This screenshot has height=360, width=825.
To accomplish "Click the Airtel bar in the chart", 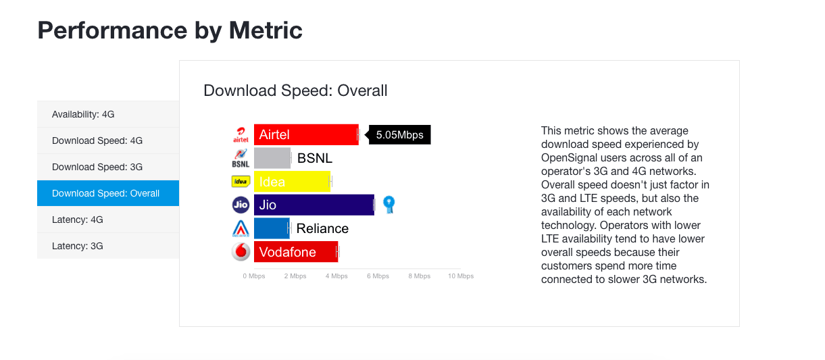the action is (306, 134).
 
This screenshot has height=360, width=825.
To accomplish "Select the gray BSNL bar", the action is (272, 158).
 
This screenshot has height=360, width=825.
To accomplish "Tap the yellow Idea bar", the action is (292, 182).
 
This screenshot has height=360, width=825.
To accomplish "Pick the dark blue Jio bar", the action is (314, 205).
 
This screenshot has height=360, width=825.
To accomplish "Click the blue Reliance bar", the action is (272, 228).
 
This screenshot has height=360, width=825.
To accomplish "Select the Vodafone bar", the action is (296, 252).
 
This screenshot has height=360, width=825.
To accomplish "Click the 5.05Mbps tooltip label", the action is (399, 134).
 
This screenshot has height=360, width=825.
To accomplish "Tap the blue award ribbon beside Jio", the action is (389, 204).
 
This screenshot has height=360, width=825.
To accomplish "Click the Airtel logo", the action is (241, 134).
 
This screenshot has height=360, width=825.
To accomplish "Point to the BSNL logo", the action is (241, 158).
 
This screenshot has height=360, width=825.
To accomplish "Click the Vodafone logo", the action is (241, 252).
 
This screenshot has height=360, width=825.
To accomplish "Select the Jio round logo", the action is (241, 205).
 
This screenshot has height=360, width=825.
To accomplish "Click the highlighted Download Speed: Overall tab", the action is (108, 193).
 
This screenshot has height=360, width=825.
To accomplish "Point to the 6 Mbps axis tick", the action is (378, 276).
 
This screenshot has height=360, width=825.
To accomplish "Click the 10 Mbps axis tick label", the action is (461, 276).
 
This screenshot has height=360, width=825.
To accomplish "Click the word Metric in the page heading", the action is (266, 30).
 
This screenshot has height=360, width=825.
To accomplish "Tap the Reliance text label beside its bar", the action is (322, 228).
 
